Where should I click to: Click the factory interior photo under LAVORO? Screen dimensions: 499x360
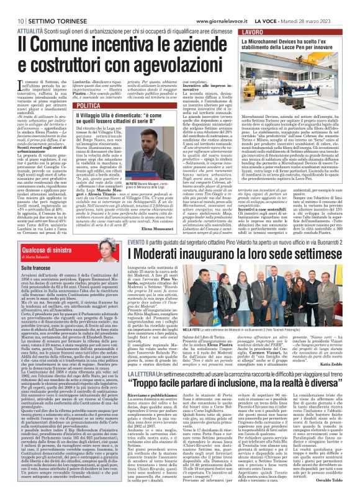[295, 80]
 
